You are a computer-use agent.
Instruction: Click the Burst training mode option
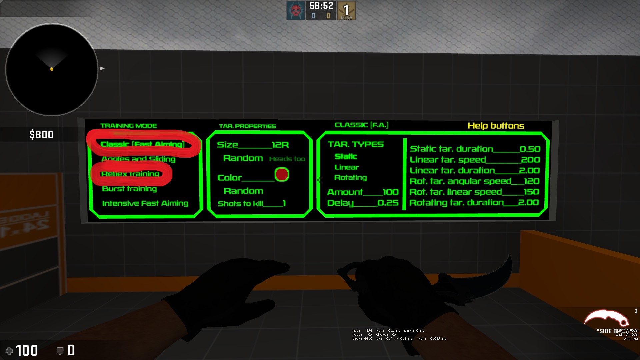[129, 189]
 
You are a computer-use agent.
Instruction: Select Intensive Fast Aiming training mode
[145, 203]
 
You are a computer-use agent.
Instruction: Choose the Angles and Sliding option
[138, 159]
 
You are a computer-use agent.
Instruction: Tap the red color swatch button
[282, 174]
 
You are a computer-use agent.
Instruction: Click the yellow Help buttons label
[496, 126]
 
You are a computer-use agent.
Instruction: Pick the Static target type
[346, 156]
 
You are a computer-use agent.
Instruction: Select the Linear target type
[347, 167]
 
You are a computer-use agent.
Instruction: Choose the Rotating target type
[350, 178]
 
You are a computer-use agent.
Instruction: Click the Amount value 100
[390, 192]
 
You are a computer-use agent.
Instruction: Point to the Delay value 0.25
[388, 203]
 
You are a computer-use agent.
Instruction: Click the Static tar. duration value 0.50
[530, 149]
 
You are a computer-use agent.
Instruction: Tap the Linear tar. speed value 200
[530, 160]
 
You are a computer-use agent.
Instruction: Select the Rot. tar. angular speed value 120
[531, 181]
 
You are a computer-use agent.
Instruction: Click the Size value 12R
[280, 145]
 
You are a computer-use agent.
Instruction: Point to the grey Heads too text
[287, 159]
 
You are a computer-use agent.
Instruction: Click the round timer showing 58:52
[321, 6]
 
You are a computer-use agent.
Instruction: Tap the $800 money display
[41, 135]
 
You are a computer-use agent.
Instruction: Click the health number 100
[27, 350]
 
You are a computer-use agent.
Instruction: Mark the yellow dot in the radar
[52, 69]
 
